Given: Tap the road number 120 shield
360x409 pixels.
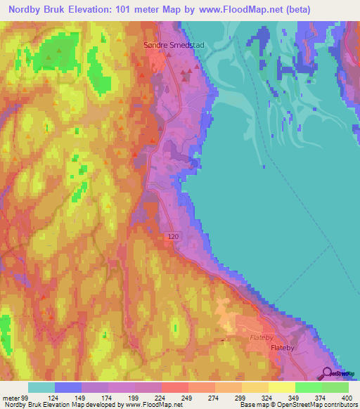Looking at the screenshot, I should tap(174, 238).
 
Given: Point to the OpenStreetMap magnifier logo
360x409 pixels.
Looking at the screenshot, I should tap(328, 373).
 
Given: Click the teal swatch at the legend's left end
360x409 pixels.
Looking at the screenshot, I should tap(41, 387).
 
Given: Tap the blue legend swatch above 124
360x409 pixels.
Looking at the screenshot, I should tap(68, 387).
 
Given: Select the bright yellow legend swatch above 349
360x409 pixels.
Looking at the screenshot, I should tap(282, 387).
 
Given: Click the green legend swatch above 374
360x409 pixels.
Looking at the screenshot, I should tap(309, 387).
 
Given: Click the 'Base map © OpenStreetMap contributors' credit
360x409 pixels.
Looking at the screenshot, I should tap(297, 405).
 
